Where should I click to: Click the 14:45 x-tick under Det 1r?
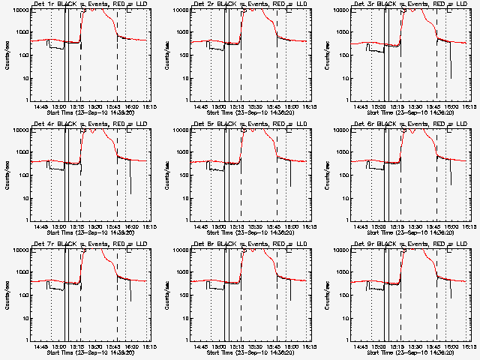[x=41, y=106]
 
